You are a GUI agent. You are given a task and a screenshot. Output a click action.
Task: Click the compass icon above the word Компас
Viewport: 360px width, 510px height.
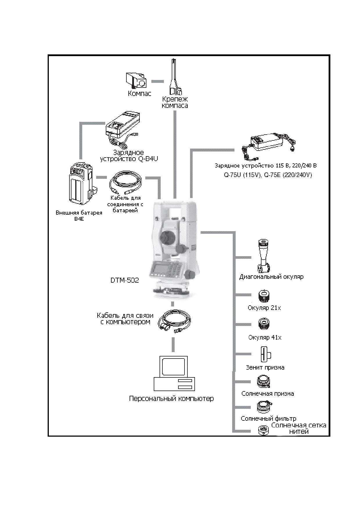[x=136, y=81]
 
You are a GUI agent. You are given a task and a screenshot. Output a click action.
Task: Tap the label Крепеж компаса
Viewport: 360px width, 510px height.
[x=175, y=102]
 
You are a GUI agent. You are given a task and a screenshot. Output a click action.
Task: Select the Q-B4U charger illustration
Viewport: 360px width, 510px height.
[x=123, y=129]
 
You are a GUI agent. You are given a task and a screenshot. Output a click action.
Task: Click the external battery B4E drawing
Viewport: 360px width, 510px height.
[x=81, y=184]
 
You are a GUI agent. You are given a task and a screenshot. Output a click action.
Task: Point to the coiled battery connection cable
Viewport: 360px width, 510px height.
[x=125, y=183]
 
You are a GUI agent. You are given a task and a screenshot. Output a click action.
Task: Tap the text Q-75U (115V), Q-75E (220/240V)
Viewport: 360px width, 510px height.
[x=268, y=175]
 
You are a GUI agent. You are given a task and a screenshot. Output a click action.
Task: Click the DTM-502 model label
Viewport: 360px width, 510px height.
[x=125, y=280]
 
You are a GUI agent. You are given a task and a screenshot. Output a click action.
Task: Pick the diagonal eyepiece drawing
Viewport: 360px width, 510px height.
[x=263, y=256]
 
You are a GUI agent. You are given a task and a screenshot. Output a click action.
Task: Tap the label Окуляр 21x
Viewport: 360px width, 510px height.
[x=264, y=308]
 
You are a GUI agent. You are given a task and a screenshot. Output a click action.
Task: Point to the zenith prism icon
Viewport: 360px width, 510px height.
[x=265, y=354]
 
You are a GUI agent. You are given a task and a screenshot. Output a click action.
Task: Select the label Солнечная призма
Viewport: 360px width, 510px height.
[x=268, y=394]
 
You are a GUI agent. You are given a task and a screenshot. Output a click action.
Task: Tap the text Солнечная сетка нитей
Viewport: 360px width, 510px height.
[x=299, y=428]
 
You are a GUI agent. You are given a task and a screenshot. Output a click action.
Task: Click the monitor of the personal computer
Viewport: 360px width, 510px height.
[x=173, y=367]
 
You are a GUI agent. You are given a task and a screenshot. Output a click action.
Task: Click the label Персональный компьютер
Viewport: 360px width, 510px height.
[x=171, y=398]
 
